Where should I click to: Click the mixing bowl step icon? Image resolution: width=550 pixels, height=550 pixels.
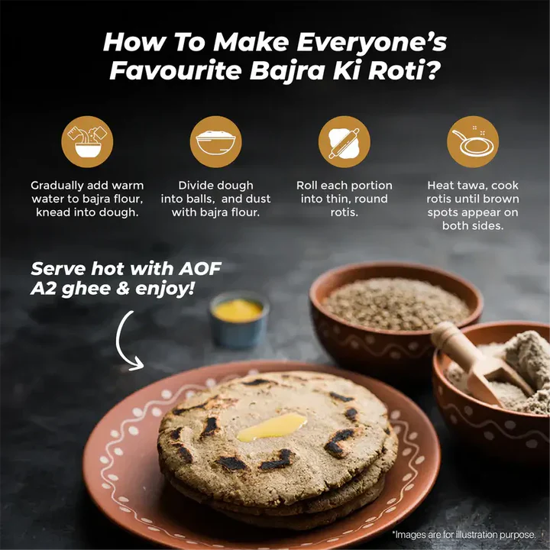point(87,141)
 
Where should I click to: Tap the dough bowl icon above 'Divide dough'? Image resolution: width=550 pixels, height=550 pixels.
point(215,141)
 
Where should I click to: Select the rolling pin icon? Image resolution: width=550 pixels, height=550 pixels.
point(344,141)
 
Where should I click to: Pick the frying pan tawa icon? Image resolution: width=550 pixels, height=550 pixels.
point(473,141)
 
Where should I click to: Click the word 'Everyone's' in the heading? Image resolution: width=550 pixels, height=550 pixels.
point(372,43)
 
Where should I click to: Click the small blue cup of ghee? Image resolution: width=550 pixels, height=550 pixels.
point(239,319)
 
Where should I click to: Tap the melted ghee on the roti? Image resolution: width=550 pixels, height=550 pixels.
point(272,427)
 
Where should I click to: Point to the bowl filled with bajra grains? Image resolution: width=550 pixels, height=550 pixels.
point(396,315)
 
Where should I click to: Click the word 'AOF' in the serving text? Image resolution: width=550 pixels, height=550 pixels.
point(200,269)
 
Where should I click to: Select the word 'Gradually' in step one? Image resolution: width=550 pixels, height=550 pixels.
point(56,186)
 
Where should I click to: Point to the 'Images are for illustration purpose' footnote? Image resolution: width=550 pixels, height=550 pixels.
point(464,535)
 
